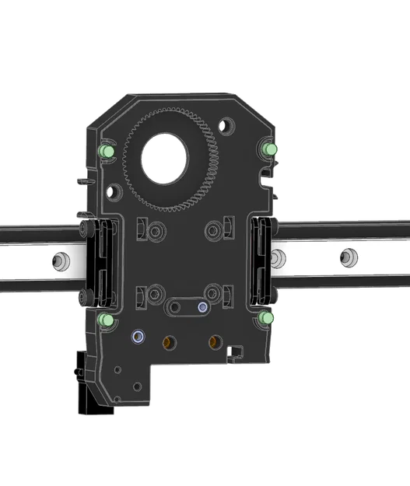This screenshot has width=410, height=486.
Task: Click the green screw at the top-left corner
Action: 105,149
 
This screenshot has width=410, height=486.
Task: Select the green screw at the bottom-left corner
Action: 105,320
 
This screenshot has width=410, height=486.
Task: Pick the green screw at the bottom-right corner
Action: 268,319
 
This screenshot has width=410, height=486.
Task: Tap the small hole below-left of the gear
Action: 116,190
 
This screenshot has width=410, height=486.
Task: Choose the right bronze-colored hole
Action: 212,341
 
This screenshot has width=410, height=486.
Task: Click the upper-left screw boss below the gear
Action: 156,231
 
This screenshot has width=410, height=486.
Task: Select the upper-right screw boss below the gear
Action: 216,230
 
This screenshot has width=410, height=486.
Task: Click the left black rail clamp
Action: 96,260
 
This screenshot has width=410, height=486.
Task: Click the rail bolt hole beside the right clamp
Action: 279,257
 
